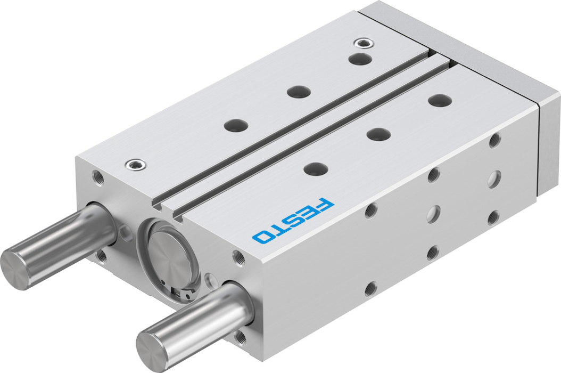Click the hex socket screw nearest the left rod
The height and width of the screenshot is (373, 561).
136,165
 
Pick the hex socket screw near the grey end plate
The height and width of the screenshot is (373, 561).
364,43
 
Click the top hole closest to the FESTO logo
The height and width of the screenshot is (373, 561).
316,168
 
